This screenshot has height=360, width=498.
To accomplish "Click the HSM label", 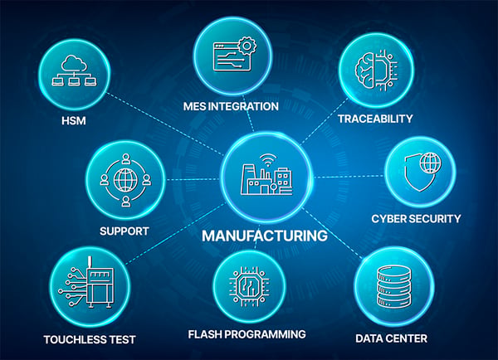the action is (x=74, y=121).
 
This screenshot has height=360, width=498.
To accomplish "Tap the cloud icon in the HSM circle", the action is (x=74, y=63).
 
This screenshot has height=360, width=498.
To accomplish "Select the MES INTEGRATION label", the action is (x=231, y=106).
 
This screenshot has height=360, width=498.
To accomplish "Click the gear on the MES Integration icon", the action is (x=247, y=46).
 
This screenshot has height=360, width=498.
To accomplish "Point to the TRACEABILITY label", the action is (x=375, y=119).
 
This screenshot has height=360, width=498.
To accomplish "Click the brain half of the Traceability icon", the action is (x=365, y=71).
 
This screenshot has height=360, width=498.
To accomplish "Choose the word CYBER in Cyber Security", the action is (x=388, y=219).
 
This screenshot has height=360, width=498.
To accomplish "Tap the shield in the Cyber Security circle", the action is (x=419, y=174).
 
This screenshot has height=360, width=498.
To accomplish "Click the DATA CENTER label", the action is (x=391, y=338).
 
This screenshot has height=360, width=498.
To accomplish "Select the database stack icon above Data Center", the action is (x=393, y=287).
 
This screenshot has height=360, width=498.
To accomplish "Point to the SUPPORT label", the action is (x=124, y=231).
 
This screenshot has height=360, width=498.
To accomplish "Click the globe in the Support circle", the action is (x=126, y=180).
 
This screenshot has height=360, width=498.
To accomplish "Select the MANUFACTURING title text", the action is (x=265, y=236).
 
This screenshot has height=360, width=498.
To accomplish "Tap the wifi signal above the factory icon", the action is (x=268, y=160).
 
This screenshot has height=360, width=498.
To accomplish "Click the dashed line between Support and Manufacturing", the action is (x=193, y=180).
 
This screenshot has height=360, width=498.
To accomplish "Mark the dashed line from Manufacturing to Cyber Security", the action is (x=349, y=176).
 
